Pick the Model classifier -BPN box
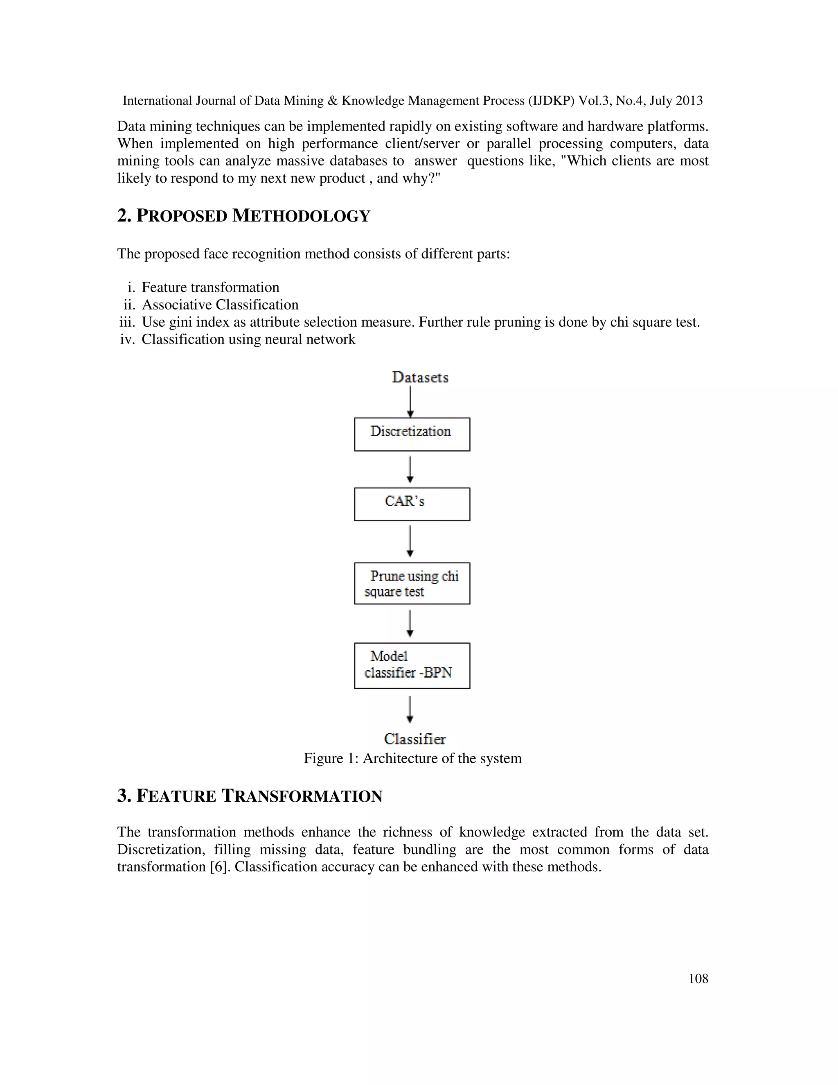412,665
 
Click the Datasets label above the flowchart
419,377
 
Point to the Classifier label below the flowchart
414,739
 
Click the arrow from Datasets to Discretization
410,401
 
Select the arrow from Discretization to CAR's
410,470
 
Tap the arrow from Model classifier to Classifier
410,709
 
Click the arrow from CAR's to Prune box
410,542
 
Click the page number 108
698,978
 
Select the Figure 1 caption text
412,758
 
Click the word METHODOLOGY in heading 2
301,216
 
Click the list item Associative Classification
220,305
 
